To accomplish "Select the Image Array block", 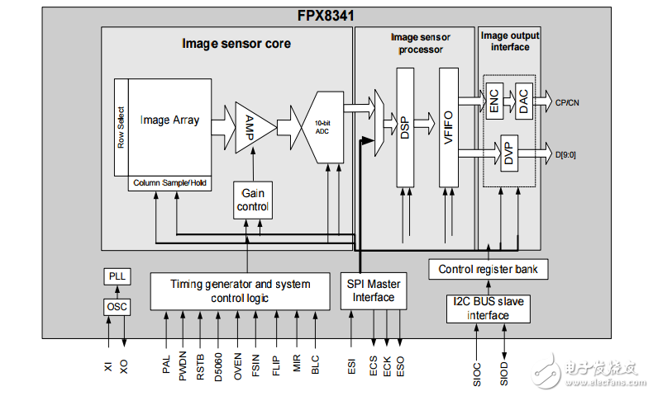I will (169, 120).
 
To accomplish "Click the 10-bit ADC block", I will (323, 128).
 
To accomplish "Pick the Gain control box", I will (252, 200).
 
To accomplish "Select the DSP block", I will (405, 128).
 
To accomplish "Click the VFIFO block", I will (449, 128).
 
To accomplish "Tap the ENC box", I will (493, 101).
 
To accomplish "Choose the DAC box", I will (522, 101).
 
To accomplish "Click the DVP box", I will (508, 153).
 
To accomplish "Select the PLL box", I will (117, 276).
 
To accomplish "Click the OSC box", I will (117, 307).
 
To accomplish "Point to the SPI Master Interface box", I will (373, 290).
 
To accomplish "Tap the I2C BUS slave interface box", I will (488, 309).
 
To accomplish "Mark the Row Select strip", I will (121, 128).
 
